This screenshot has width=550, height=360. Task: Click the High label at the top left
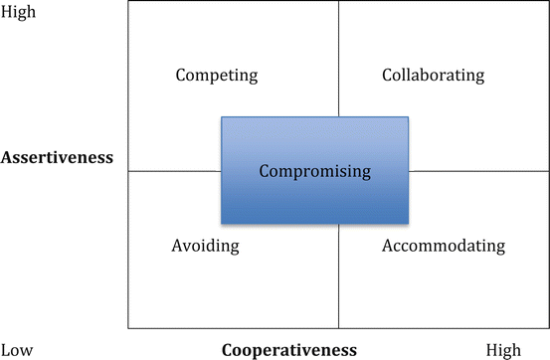19,12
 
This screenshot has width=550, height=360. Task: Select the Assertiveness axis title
58,157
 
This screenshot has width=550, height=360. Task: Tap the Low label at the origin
17,350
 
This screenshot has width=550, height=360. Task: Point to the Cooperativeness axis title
288,350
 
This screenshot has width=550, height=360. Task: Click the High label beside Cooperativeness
502,350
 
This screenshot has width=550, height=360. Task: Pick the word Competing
216,76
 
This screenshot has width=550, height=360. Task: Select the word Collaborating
433,76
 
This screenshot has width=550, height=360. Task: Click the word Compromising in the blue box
314,171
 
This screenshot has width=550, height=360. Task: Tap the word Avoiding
206,246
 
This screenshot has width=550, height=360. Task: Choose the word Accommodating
444,246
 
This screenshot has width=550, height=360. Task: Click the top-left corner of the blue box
221,117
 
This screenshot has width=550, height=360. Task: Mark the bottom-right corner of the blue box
409,224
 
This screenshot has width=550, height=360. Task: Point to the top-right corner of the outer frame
548,2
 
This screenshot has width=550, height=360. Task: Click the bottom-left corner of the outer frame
128,328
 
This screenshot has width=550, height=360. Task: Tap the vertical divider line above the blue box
338,60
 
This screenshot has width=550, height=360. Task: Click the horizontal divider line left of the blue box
174,171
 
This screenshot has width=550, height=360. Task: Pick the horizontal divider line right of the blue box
477,171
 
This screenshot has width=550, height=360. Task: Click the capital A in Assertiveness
9,157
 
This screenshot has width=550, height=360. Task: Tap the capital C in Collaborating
387,76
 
